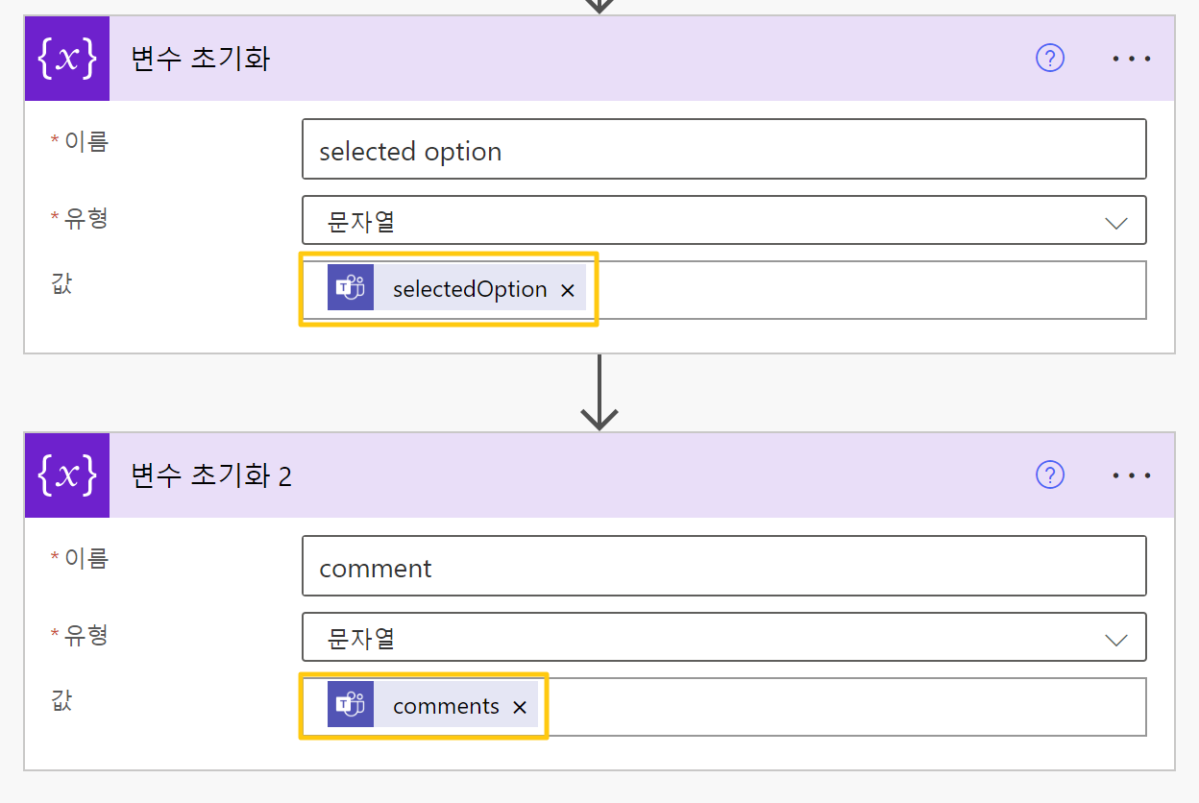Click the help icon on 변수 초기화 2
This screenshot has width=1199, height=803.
pos(1050,474)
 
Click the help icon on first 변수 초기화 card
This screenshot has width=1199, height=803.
pos(1050,59)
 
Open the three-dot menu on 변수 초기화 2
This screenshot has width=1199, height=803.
pos(1132,475)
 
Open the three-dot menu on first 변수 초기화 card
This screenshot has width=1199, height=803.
pos(1132,59)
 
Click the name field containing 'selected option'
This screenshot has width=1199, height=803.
pos(723,149)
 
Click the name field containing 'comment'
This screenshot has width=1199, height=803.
pos(723,566)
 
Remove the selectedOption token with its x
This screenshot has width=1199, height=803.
pos(568,290)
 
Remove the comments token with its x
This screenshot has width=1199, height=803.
pos(520,707)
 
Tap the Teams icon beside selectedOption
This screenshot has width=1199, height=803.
pos(350,288)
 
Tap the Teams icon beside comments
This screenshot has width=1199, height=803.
pos(350,705)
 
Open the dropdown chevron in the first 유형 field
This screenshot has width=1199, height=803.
pos(1116,223)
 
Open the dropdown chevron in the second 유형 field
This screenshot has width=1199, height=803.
pos(1116,640)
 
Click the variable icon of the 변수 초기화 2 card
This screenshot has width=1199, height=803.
pos(67,474)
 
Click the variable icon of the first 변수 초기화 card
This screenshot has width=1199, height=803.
pos(67,59)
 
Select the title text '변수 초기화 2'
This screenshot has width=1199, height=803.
pos(210,475)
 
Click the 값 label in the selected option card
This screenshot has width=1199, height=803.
pos(61,283)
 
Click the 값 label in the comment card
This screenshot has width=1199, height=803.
pos(61,700)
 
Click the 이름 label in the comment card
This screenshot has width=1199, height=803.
pos(86,558)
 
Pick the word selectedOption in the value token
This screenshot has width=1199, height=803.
pos(470,289)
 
